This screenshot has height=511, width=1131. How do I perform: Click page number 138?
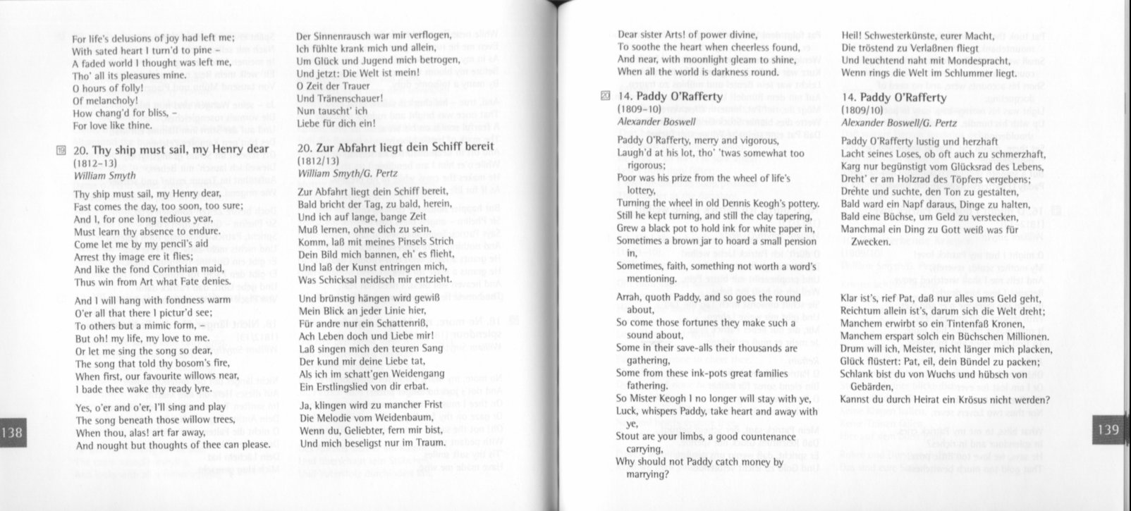(x=13, y=433)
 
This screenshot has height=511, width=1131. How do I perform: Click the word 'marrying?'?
(x=648, y=474)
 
